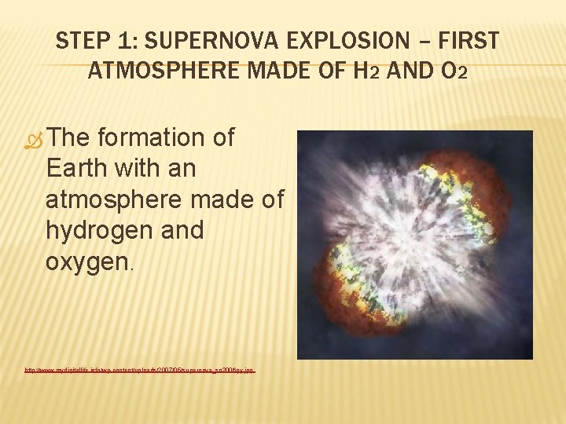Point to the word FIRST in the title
coord(471,41)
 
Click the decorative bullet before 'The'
coord(34,139)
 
